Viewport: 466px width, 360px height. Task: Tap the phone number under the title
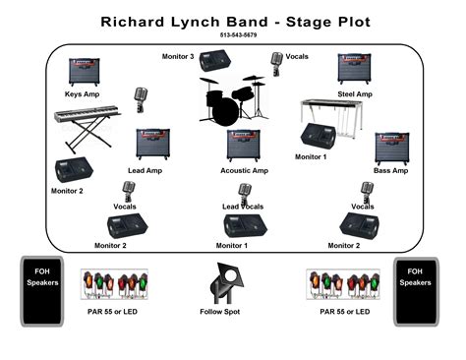coord(233,35)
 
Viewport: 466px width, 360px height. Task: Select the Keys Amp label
coord(83,93)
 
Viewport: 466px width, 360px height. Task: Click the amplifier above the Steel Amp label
coord(355,70)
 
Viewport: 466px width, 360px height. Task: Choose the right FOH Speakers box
coord(414,291)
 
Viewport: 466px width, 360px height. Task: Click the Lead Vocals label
coord(243,207)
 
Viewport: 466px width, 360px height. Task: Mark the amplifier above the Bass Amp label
coord(391,149)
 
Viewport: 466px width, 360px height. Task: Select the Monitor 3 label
coord(178,56)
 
